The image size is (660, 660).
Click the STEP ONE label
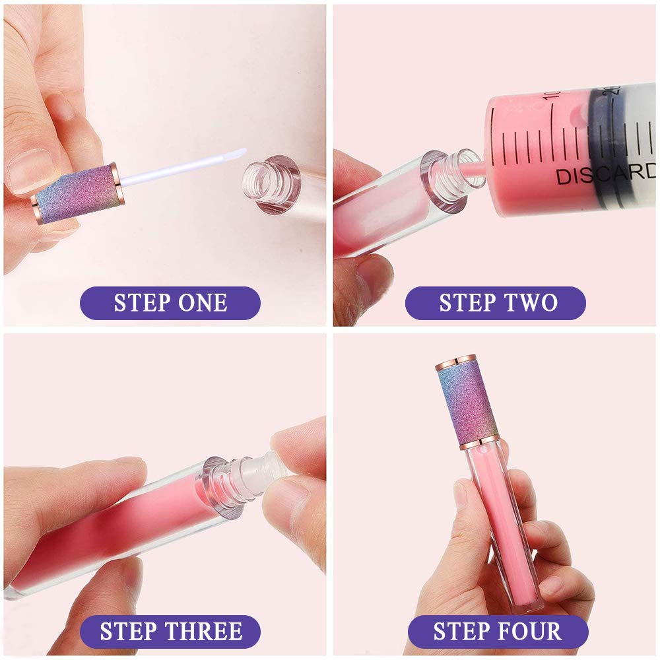[170, 303]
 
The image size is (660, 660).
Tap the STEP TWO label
[496, 303]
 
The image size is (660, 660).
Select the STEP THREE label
[170, 632]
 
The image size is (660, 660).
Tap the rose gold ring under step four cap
[479, 442]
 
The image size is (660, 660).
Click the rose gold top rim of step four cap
[455, 362]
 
